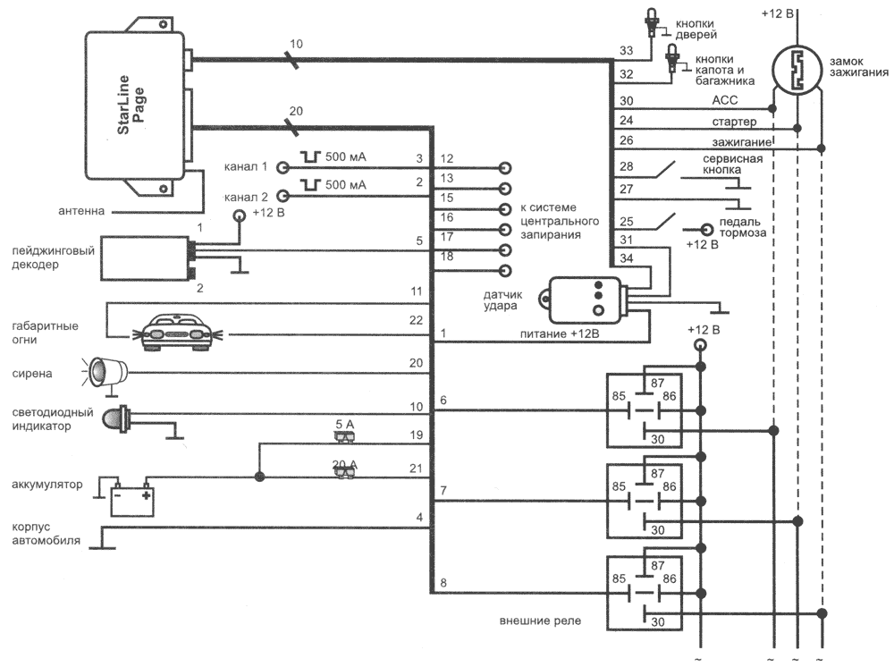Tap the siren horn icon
click(106, 368)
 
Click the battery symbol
click(132, 496)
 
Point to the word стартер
click(736, 121)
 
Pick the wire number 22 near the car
click(416, 320)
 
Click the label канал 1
click(248, 167)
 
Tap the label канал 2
click(248, 195)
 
